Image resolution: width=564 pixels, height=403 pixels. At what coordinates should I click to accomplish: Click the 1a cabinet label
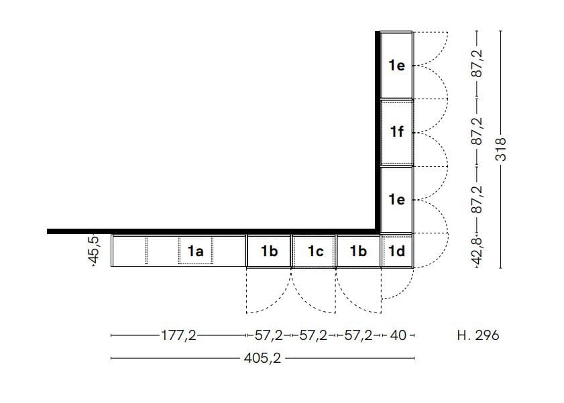coord(195,251)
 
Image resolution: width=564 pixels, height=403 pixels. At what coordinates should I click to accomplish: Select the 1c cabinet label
coord(315,251)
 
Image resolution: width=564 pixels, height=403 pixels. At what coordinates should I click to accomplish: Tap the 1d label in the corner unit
coord(396,251)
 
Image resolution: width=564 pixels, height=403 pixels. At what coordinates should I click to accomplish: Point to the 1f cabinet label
coord(396,131)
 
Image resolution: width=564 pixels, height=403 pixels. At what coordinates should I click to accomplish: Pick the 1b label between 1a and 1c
coord(269,251)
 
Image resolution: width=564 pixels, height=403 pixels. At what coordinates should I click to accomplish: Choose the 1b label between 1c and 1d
coord(358,251)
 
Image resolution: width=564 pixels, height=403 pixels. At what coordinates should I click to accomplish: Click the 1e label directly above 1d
coord(396,199)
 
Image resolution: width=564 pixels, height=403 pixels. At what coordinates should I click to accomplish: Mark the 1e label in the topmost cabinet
coord(396,65)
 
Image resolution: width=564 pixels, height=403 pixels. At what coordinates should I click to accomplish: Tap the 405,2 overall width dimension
coord(262,358)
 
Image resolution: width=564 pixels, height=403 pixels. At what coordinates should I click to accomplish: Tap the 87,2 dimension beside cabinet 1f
coord(477,132)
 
